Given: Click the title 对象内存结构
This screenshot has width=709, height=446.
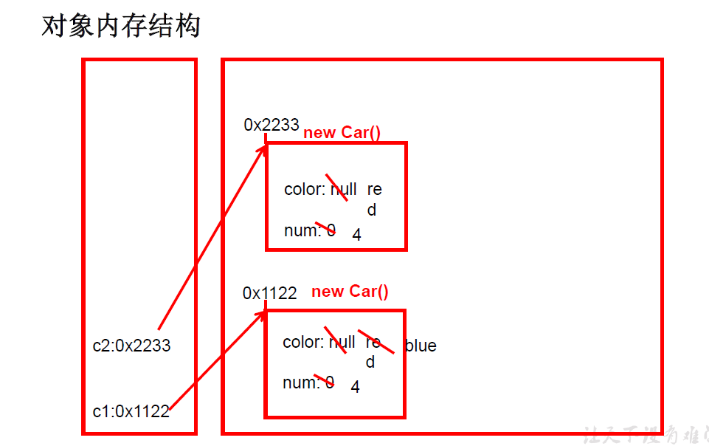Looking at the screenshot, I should (121, 27).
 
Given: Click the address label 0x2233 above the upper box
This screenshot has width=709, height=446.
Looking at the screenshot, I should (271, 125).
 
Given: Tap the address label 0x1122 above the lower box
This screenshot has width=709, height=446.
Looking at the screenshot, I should (269, 293).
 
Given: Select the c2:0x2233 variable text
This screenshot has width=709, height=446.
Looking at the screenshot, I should (131, 346).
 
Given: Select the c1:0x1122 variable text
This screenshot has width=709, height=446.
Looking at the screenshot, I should (131, 411).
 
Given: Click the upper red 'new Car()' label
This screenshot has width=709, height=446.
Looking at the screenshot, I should (342, 133).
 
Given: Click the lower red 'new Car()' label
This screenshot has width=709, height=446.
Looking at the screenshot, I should (350, 292).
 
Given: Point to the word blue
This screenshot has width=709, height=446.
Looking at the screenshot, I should (421, 346).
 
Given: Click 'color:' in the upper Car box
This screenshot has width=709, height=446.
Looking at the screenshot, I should (305, 190).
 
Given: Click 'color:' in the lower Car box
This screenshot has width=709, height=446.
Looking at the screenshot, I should (303, 343).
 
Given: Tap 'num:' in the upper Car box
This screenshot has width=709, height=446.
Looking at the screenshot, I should (302, 230).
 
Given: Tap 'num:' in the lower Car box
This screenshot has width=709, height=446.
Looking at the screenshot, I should (300, 383).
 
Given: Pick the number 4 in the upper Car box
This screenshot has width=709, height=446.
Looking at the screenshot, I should (356, 235).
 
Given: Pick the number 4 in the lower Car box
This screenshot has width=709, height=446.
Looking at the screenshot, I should (355, 387).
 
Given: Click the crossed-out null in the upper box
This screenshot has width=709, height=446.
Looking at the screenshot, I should (343, 190).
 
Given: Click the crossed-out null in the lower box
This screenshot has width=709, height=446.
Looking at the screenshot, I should (342, 343).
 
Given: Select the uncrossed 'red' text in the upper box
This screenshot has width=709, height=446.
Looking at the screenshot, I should (373, 199).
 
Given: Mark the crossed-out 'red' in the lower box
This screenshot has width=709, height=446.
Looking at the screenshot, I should (373, 351).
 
